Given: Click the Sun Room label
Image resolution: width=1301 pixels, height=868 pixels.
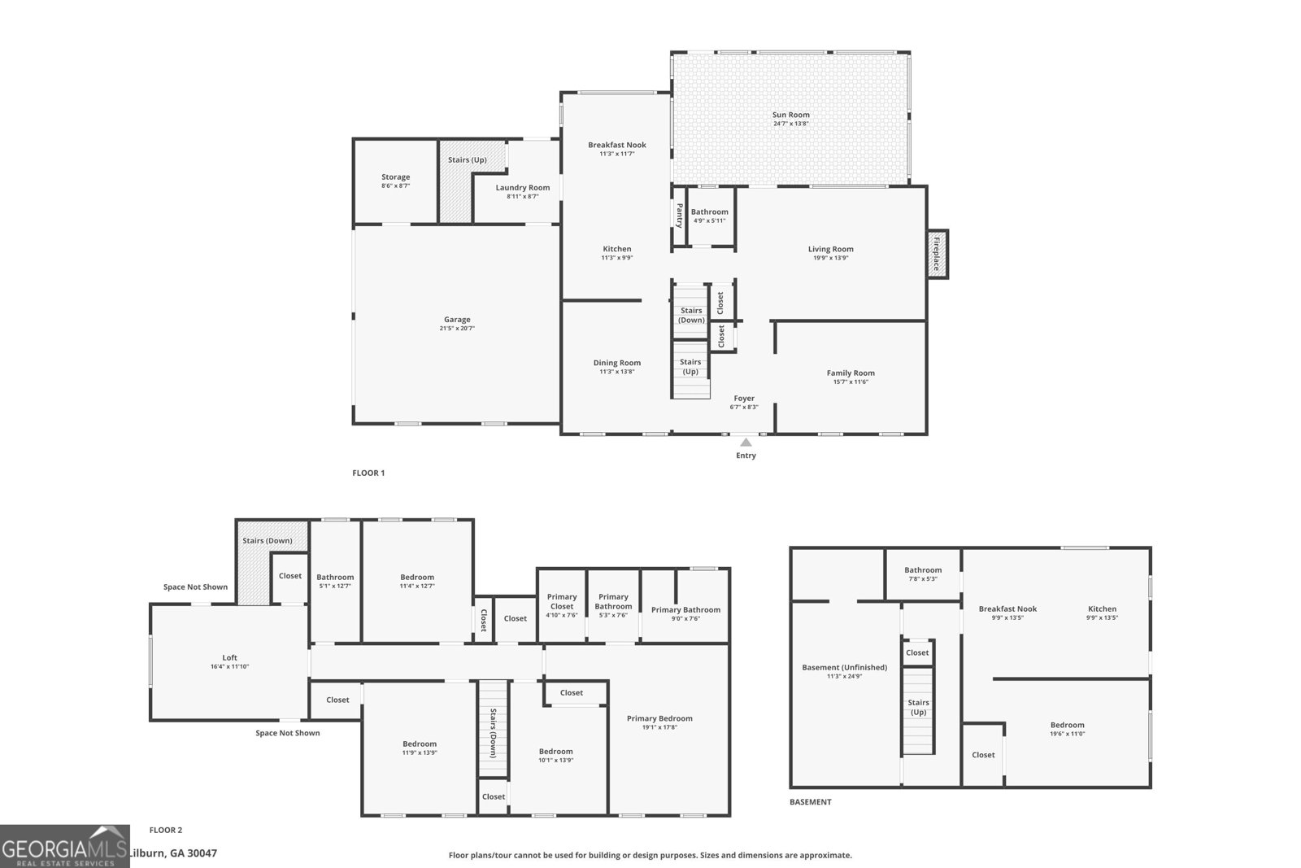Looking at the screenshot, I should [x=790, y=116].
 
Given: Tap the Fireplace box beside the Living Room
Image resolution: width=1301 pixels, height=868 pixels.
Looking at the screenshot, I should [x=937, y=254].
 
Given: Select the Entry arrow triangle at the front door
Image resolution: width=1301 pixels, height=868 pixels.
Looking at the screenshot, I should [x=746, y=443].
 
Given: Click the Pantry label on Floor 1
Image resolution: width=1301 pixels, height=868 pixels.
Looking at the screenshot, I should [x=680, y=216].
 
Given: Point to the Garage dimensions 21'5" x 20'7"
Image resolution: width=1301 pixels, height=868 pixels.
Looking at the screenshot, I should [x=457, y=329].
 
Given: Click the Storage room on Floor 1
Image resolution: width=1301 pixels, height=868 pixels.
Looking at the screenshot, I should [x=396, y=181].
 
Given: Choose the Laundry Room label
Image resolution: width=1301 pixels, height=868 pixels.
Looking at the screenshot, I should [x=523, y=188].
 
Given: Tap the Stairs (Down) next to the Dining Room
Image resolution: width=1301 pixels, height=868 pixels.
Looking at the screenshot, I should [x=691, y=315].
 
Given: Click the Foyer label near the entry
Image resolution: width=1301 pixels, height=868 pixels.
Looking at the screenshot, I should [x=744, y=399].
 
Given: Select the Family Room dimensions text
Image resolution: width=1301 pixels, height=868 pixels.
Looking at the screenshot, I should [x=851, y=382].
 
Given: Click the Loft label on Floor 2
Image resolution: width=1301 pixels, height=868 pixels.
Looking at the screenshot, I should [x=230, y=658].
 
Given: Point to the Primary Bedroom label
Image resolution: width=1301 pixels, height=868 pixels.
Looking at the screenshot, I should [x=659, y=718].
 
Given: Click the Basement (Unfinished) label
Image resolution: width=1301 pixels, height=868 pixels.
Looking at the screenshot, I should [x=844, y=668].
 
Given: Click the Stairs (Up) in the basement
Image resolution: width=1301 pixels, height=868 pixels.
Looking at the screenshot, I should [x=918, y=707].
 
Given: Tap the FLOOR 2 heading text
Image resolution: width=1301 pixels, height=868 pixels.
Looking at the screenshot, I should [x=166, y=831].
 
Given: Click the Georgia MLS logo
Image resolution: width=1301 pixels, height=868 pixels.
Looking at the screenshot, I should [x=64, y=846].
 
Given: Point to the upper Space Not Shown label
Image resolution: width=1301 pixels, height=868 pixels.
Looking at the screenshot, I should [x=195, y=587].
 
